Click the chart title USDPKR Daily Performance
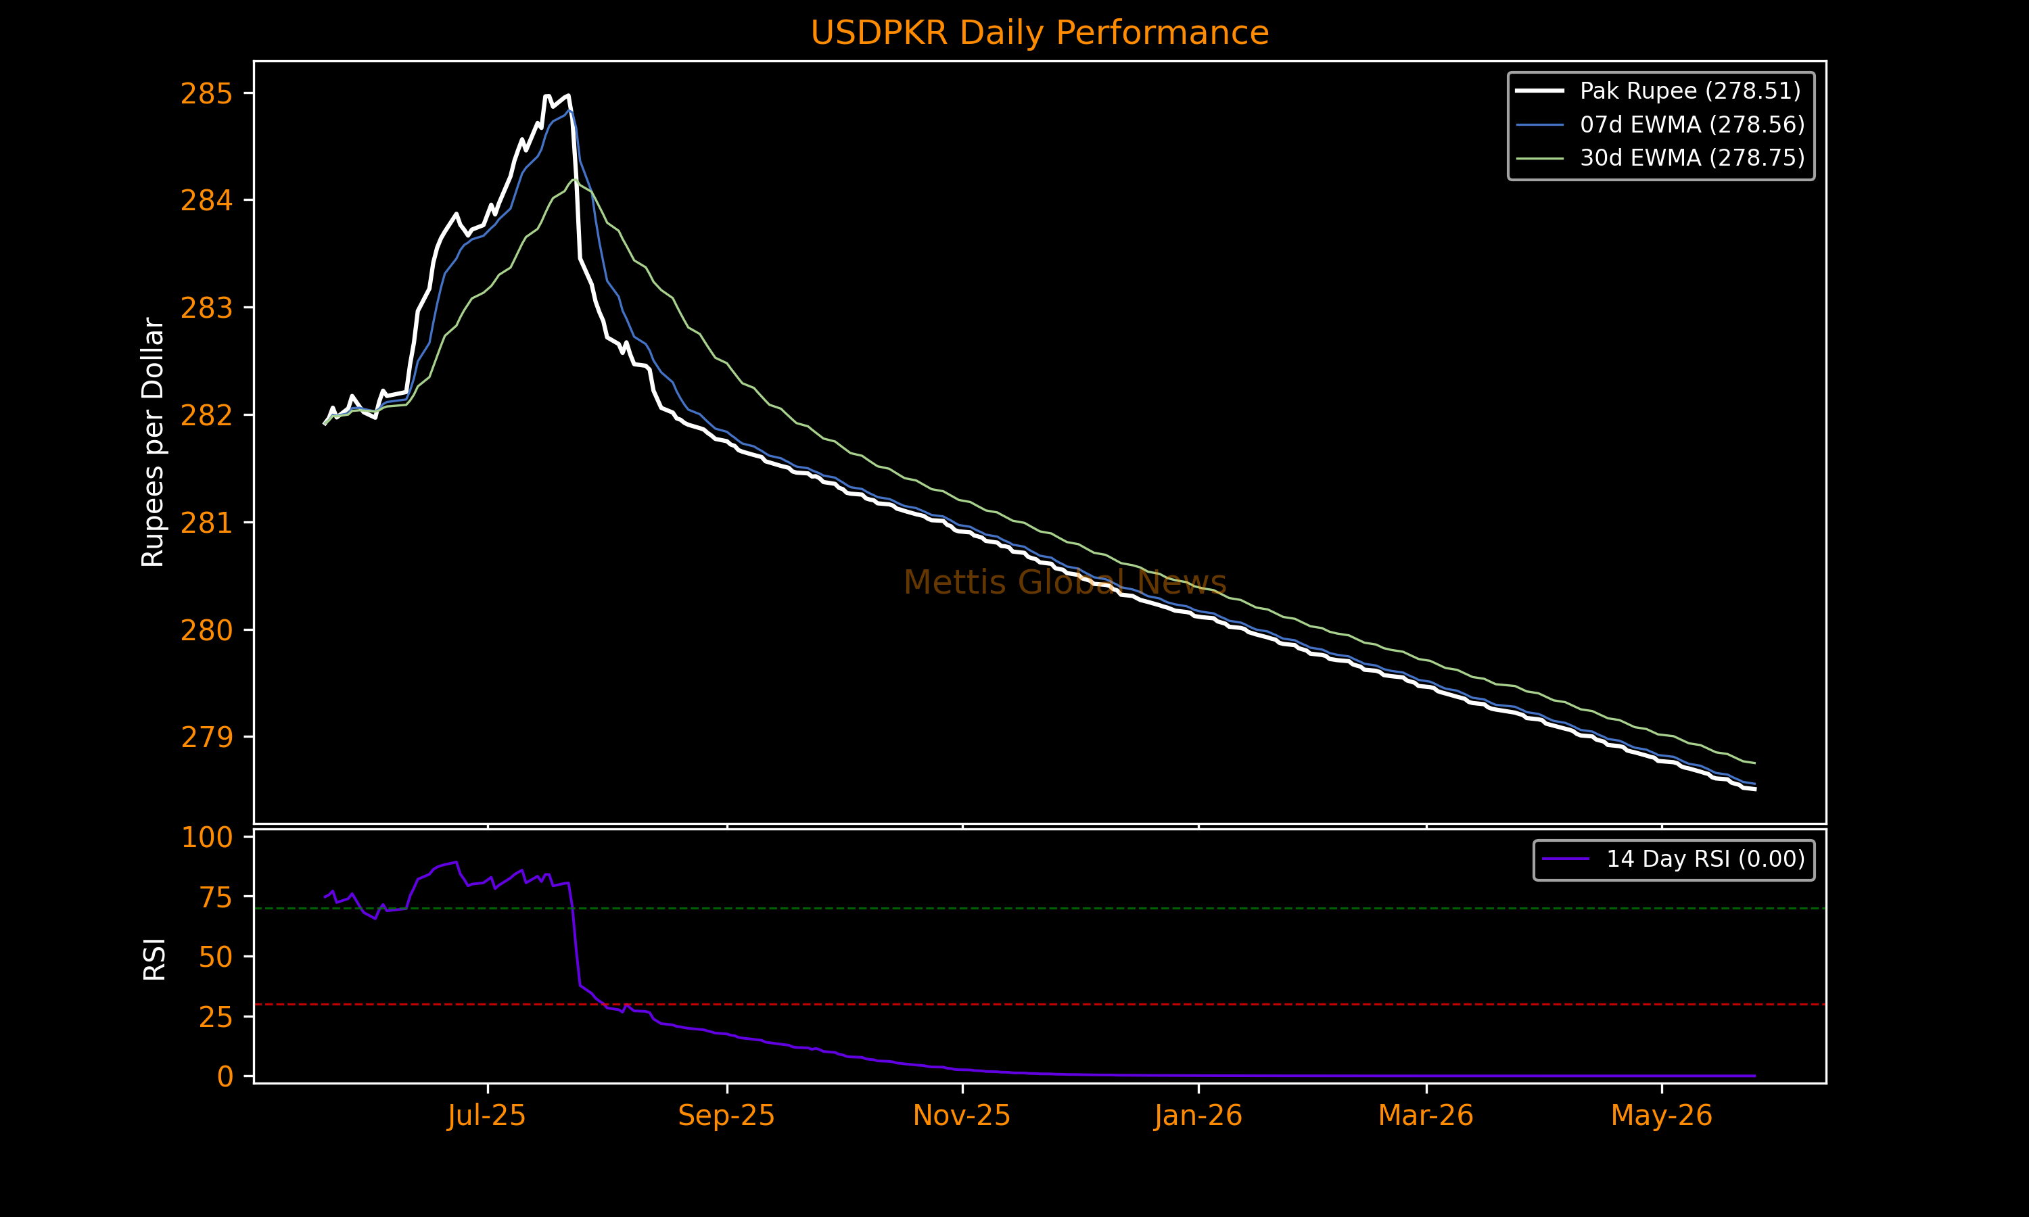pyautogui.click(x=1039, y=33)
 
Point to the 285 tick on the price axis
pyautogui.click(x=206, y=93)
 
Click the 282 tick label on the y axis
pyautogui.click(x=206, y=416)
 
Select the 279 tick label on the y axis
pyautogui.click(x=206, y=737)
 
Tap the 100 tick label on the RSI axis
pyautogui.click(x=207, y=837)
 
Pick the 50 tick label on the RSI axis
pyautogui.click(x=215, y=957)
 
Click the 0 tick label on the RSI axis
pyautogui.click(x=225, y=1076)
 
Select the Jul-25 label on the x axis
pyautogui.click(x=486, y=1116)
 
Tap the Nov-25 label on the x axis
pyautogui.click(x=961, y=1116)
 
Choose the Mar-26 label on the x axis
pyautogui.click(x=1426, y=1116)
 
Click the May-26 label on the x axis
pyautogui.click(x=1662, y=1116)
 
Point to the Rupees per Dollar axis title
pyautogui.click(x=154, y=442)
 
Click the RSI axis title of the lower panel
pyautogui.click(x=154, y=959)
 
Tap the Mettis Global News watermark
pyautogui.click(x=1065, y=582)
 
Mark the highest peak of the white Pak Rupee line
pyautogui.click(x=547, y=96)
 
